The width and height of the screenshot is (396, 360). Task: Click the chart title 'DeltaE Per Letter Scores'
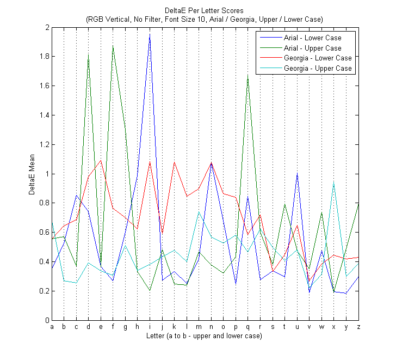(x=205, y=11)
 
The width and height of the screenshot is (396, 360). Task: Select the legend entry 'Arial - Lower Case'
(x=313, y=38)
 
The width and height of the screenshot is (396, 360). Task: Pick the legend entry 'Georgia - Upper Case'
(x=318, y=69)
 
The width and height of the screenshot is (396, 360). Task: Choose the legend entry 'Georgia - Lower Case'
(x=318, y=58)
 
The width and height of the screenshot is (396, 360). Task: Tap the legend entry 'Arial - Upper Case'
(x=313, y=48)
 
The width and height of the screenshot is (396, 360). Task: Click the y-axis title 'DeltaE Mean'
(x=31, y=173)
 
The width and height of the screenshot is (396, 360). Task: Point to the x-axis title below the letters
(x=205, y=336)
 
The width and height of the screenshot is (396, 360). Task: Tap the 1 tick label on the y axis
(x=46, y=174)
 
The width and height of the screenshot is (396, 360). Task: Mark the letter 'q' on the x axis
(x=248, y=327)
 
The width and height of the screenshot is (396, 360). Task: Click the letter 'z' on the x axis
(x=358, y=327)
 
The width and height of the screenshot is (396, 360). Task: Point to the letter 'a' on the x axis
(x=52, y=327)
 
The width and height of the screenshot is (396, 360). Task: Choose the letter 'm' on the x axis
(x=199, y=327)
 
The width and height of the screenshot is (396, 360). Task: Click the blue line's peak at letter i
(x=150, y=34)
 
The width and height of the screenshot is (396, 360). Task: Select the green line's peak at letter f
(x=113, y=46)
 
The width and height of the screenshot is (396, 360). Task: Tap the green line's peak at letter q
(x=248, y=76)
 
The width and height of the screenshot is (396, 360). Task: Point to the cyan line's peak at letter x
(x=333, y=184)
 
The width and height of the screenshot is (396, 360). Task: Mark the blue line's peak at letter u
(x=297, y=174)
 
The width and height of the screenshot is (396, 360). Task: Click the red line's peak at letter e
(x=101, y=161)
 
